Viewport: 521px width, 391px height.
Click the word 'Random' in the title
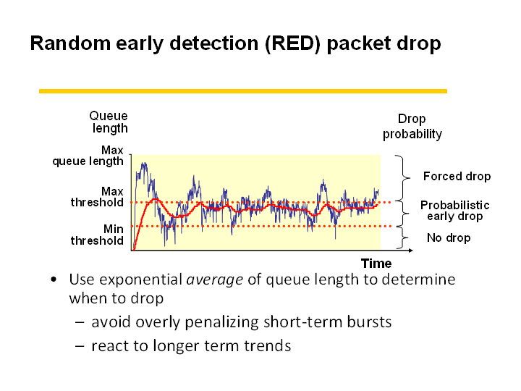[70, 43]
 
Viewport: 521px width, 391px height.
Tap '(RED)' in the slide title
[293, 43]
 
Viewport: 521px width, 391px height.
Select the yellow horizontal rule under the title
[243, 91]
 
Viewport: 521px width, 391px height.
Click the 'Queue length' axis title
[109, 122]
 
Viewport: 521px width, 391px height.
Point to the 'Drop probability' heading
[412, 126]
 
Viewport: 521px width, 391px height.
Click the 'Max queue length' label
[88, 156]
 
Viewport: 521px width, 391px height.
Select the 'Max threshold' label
[97, 197]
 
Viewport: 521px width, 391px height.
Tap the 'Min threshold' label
[97, 235]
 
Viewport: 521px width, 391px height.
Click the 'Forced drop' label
[457, 176]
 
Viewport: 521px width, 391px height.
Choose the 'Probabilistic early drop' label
[455, 211]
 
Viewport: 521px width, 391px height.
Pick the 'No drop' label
[449, 237]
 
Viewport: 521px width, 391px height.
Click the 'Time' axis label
[376, 264]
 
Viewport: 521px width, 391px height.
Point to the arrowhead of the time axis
[411, 250]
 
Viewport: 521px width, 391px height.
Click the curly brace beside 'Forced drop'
[403, 178]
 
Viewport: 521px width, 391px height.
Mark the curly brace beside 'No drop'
[403, 237]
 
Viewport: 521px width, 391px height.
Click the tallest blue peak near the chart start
[143, 164]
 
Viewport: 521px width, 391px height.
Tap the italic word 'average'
[215, 279]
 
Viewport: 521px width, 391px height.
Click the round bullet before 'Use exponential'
[54, 280]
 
